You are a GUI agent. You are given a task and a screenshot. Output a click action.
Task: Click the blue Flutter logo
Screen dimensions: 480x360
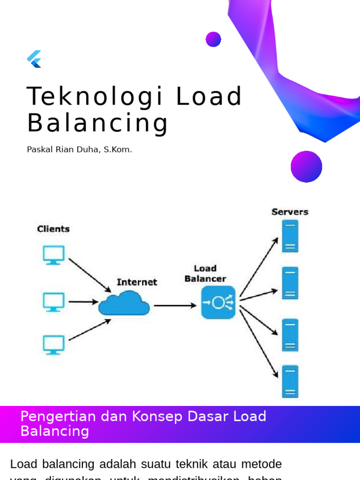click(x=34, y=59)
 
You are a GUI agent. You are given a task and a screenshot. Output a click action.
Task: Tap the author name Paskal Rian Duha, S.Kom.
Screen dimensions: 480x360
click(x=79, y=150)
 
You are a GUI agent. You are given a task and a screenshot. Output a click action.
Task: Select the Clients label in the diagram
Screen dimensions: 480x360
click(x=53, y=229)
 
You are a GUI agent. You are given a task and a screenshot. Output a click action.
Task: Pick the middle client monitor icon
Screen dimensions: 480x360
click(x=53, y=302)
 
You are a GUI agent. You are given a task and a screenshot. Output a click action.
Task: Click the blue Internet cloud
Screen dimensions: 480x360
click(x=124, y=303)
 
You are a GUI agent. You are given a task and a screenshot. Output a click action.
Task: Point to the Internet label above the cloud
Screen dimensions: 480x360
click(x=137, y=282)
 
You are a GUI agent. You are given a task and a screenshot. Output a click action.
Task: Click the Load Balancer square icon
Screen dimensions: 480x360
click(x=218, y=303)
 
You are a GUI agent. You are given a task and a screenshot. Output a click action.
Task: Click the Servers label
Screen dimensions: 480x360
click(x=290, y=212)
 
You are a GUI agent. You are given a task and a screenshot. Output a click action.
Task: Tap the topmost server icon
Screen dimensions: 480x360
click(x=290, y=237)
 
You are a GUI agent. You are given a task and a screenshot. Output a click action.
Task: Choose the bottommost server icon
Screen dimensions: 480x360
click(x=290, y=382)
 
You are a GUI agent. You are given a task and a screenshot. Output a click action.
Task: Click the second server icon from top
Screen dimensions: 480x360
click(x=290, y=283)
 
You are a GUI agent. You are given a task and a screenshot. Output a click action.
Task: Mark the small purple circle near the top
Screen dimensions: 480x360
click(x=213, y=39)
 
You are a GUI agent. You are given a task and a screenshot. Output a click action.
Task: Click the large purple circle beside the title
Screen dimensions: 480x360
click(x=307, y=166)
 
